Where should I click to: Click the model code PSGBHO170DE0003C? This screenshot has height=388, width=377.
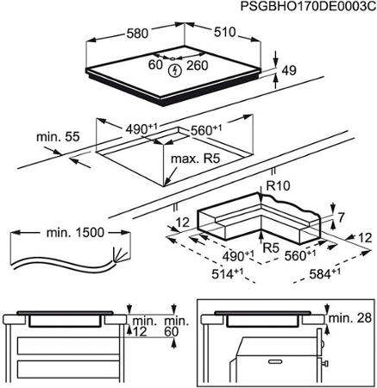coord(308,6)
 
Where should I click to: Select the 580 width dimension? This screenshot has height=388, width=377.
coord(137,34)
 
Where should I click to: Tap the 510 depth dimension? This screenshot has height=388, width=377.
coord(224,32)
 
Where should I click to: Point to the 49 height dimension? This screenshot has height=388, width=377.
coord(289,71)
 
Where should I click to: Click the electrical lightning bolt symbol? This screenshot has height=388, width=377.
coord(174,71)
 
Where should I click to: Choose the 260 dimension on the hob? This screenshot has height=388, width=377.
coord(198,66)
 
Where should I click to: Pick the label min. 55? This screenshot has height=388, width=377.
coord(58,137)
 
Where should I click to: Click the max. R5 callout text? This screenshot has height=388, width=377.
coord(195,159)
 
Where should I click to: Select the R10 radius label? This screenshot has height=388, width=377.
coord(278,186)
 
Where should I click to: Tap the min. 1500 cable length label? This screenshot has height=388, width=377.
coord(75,233)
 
